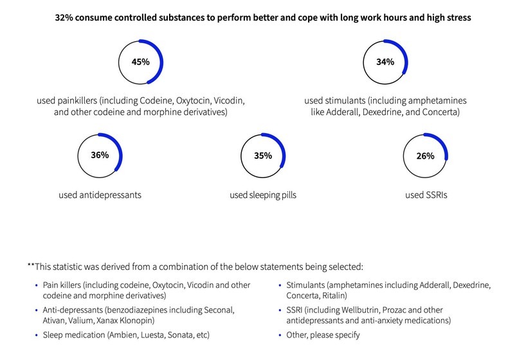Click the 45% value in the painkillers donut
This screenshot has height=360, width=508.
click(x=141, y=62)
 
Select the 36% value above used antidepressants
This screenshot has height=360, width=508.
click(x=99, y=155)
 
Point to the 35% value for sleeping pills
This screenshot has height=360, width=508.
click(x=262, y=156)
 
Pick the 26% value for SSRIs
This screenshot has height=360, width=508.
click(x=425, y=156)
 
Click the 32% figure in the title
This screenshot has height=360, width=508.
click(x=65, y=19)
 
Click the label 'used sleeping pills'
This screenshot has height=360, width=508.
click(x=262, y=194)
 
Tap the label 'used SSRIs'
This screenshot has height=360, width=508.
click(x=426, y=194)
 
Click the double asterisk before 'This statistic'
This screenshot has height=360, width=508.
click(x=31, y=265)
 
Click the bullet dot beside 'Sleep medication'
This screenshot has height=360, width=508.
click(x=36, y=335)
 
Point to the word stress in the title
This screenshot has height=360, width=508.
click(x=458, y=19)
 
